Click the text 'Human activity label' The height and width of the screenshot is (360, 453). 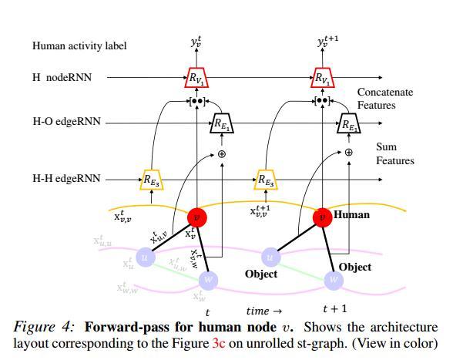point(79,46)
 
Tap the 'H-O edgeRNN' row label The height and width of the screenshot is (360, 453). point(66,123)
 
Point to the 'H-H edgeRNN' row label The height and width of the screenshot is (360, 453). point(66,179)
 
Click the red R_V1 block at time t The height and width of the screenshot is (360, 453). point(196,78)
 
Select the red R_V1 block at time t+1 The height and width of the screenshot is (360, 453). point(323,78)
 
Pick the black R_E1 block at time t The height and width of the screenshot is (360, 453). point(222,123)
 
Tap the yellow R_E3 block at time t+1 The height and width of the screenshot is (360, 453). point(265,180)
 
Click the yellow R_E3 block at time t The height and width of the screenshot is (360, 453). point(151,180)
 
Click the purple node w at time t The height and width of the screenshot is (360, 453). point(208,280)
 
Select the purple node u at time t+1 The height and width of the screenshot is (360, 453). point(270,256)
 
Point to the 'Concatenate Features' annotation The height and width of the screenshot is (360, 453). point(384,98)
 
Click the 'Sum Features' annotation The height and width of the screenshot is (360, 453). point(394,153)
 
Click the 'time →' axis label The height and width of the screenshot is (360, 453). point(263,311)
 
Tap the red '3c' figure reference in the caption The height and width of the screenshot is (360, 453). point(219,344)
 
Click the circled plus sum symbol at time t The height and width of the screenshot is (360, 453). point(222,153)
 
